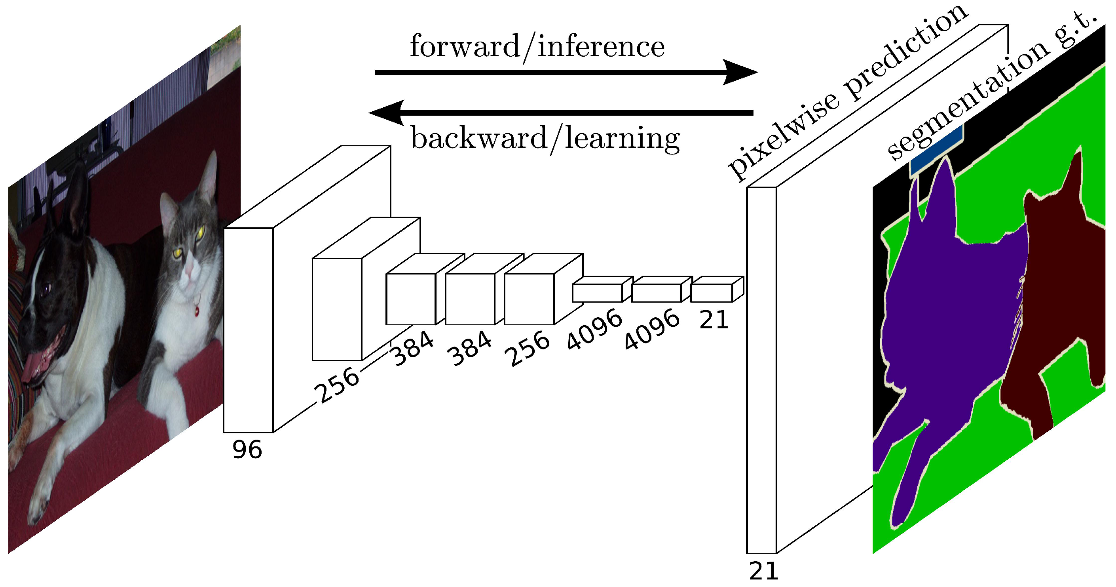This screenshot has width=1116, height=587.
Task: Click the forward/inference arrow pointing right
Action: (563, 72)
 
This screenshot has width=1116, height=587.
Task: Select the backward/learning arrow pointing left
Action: (563, 113)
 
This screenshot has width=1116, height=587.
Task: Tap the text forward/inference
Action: (537, 46)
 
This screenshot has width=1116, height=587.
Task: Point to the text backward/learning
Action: (545, 139)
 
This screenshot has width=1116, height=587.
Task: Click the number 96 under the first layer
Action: (247, 450)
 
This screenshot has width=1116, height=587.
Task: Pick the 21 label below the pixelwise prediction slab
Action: (763, 572)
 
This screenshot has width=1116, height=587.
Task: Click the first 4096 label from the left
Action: (594, 330)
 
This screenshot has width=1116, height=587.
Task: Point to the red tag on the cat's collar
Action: (197, 311)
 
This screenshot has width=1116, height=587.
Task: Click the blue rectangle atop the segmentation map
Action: (936, 152)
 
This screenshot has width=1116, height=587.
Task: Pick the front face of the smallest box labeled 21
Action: (712, 293)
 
